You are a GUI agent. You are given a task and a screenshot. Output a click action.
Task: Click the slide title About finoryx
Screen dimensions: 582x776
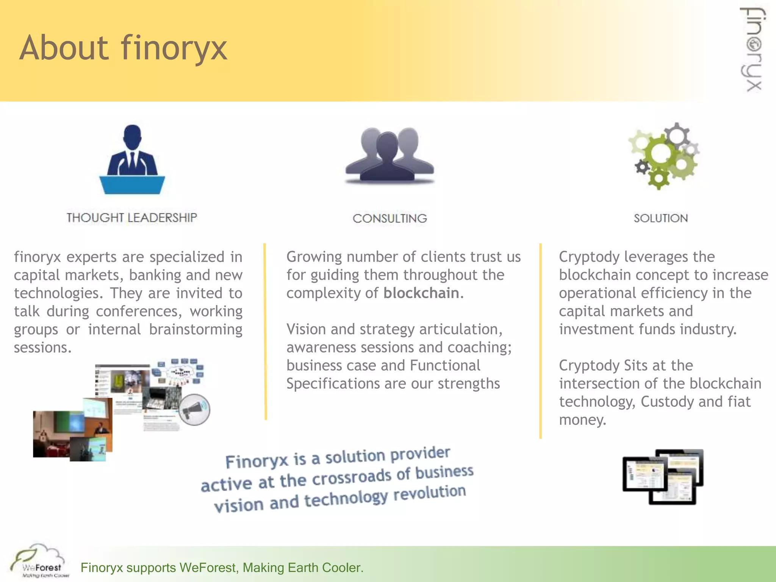pyautogui.click(x=123, y=48)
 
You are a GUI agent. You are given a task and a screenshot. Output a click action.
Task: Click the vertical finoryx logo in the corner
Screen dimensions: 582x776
pyautogui.click(x=753, y=49)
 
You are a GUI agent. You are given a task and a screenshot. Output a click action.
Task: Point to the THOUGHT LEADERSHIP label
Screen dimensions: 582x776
pyautogui.click(x=132, y=218)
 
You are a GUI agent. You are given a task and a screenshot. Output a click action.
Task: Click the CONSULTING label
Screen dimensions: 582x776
pyautogui.click(x=390, y=219)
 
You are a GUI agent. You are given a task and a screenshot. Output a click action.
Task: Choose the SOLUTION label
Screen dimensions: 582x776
pyautogui.click(x=661, y=218)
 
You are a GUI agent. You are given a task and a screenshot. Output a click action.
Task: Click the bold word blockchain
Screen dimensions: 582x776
pyautogui.click(x=421, y=293)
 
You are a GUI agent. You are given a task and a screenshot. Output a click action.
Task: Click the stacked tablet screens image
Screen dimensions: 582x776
pyautogui.click(x=663, y=477)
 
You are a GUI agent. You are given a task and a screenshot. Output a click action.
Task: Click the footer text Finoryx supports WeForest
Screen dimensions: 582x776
pyautogui.click(x=222, y=568)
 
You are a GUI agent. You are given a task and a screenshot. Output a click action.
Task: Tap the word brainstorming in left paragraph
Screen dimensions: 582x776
pyautogui.click(x=196, y=330)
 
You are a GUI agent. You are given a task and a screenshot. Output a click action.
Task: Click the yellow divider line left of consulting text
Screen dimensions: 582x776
pyautogui.click(x=265, y=332)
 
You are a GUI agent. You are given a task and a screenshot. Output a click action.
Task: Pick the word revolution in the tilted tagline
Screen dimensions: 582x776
pyautogui.click(x=429, y=493)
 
